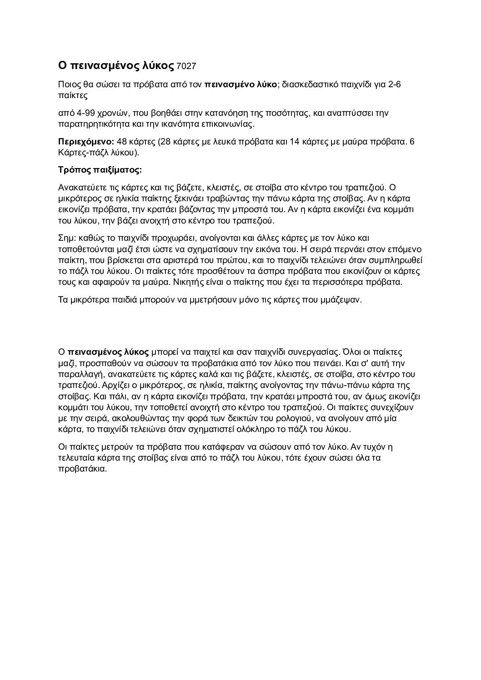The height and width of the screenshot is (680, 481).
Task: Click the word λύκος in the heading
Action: point(156,66)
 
